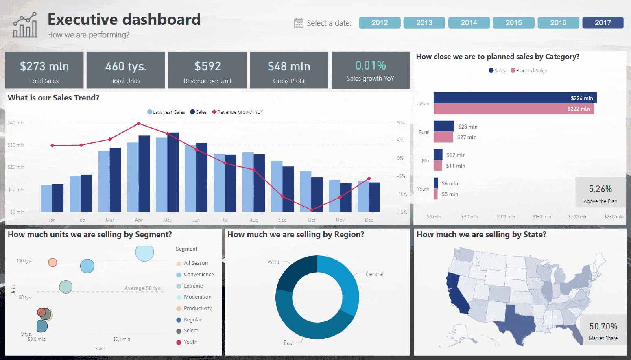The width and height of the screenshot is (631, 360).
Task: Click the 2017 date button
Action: pos(603,23)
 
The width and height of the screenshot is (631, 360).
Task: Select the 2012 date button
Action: pos(379,23)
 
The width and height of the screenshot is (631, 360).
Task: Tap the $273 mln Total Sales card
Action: pos(44,70)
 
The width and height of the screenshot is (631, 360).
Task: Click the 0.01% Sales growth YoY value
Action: pos(370,65)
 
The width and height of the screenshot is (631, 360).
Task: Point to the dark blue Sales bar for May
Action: pos(173,172)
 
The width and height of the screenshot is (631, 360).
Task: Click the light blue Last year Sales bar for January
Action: pos(46,198)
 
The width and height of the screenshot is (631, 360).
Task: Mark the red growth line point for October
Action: pos(312,210)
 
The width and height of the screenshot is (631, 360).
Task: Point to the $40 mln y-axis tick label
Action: pos(16,123)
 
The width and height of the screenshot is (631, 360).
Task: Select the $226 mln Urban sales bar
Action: pos(515,98)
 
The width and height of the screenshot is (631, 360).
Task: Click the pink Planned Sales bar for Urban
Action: pos(513,109)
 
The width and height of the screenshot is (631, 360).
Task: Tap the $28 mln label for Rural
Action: pos(467,127)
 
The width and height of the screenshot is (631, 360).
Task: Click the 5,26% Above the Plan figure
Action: pos(600,189)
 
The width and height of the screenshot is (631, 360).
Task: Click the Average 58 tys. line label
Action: pos(143,288)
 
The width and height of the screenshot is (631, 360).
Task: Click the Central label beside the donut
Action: pos(374,274)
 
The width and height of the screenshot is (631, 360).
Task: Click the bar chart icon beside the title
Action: pos(25,25)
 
